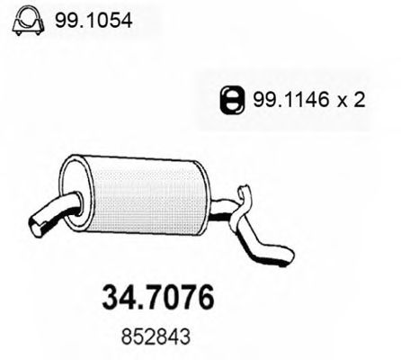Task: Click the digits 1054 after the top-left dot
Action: click(110, 19)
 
